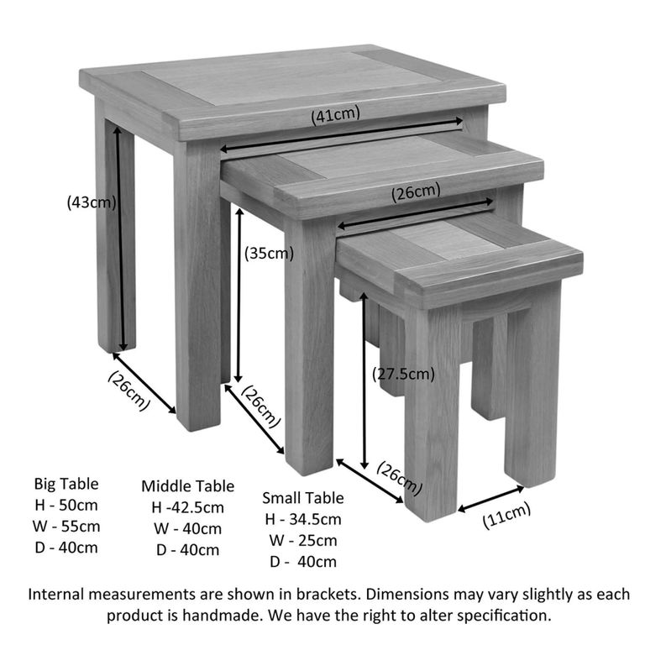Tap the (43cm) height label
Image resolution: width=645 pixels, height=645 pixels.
pyautogui.click(x=91, y=202)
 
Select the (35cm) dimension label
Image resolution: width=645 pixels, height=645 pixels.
pyautogui.click(x=269, y=253)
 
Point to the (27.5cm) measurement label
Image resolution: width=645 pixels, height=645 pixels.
pyautogui.click(x=405, y=374)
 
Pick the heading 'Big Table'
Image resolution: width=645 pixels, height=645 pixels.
pyautogui.click(x=66, y=484)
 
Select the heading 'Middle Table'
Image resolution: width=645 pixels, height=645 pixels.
pyautogui.click(x=187, y=486)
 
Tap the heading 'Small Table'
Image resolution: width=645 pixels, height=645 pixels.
pyautogui.click(x=302, y=498)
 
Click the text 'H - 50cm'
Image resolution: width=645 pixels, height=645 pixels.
pyautogui.click(x=66, y=505)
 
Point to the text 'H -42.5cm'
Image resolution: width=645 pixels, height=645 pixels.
pyautogui.click(x=187, y=507)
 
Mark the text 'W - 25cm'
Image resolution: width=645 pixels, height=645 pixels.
pyautogui.click(x=302, y=541)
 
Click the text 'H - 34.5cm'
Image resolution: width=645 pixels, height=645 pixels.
pyautogui.click(x=302, y=519)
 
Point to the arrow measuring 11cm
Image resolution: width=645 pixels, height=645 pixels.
pyautogui.click(x=490, y=498)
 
